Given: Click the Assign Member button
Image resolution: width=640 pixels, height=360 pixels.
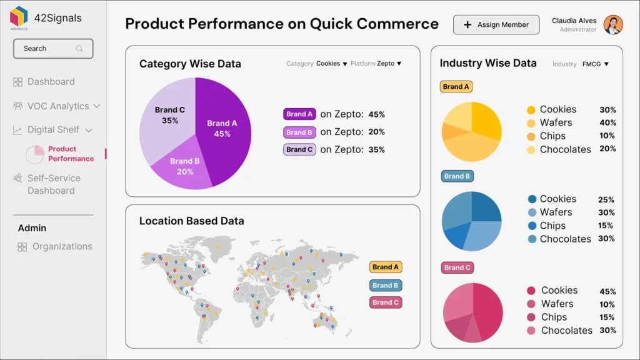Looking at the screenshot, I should (496, 25).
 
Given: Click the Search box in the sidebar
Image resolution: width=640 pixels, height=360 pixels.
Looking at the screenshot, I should (53, 49).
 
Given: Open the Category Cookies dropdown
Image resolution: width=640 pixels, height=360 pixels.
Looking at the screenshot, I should (331, 64).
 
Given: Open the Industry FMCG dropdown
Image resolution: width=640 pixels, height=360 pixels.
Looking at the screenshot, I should (595, 64).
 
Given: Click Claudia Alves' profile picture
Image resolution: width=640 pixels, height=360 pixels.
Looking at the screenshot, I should (613, 25).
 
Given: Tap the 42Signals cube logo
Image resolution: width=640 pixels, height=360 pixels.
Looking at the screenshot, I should (19, 17).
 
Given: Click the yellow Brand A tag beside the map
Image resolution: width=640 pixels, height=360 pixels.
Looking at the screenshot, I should (385, 267).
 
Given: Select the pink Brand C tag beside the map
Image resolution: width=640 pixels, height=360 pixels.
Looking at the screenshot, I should (385, 302).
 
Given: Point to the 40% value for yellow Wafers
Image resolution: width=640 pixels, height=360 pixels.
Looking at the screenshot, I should (607, 123).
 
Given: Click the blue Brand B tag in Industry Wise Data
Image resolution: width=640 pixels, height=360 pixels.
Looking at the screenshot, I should (457, 176).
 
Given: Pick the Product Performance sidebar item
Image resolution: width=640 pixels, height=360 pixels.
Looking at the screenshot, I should (70, 154).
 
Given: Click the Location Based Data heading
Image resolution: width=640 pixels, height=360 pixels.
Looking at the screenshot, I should (191, 221).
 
